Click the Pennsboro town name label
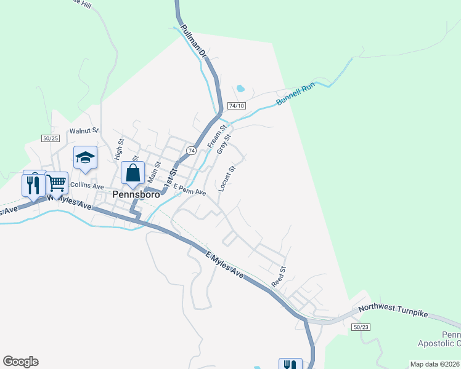coord(137,194)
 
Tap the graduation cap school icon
coord(85,158)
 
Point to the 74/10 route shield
coord(237,106)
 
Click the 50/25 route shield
coord(51,138)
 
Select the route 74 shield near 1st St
coord(192,151)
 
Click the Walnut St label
coord(84,130)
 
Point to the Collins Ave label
coord(87,184)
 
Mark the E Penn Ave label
coord(189,189)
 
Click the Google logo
coord(20,362)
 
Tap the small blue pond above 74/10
coord(240,87)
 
